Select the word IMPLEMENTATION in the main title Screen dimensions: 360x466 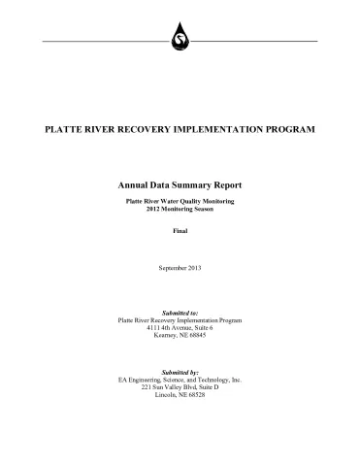[x=232, y=130]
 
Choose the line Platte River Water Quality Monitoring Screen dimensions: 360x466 [x=180, y=200]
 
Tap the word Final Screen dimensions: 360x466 [x=180, y=231]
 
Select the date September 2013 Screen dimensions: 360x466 [x=180, y=266]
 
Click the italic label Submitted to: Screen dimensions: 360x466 [x=180, y=313]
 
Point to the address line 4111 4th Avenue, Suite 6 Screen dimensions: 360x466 [x=180, y=328]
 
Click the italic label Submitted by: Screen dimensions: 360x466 [x=180, y=372]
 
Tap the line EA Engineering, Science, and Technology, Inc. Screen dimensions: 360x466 [x=180, y=380]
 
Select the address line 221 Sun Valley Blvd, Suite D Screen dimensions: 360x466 [x=180, y=388]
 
